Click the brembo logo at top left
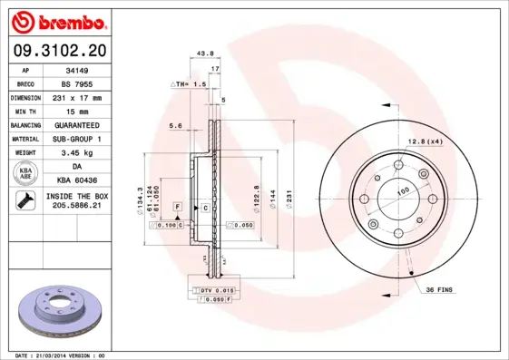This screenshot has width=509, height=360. (x=59, y=21)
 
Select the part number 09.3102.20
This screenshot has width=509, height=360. (x=59, y=51)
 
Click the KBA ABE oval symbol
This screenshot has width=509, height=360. (x=26, y=172)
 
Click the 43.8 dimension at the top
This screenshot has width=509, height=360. (x=205, y=54)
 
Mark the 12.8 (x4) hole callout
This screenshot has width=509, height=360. (x=424, y=141)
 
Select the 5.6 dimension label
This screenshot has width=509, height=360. (x=175, y=126)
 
